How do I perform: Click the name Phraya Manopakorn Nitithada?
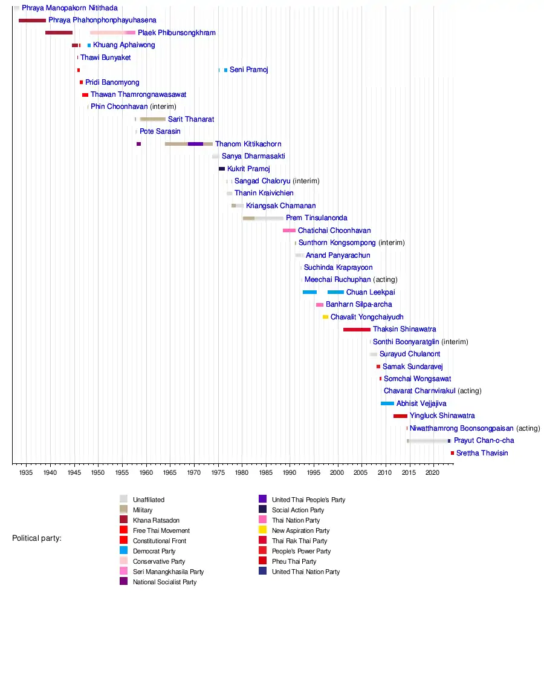pos(70,8)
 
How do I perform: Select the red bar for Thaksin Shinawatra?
pos(357,330)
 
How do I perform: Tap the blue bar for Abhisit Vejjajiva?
pos(387,403)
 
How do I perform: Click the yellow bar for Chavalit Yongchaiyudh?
pos(325,317)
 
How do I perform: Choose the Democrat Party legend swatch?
pos(123,551)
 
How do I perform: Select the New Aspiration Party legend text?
pos(300,530)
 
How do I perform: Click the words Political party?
pos(37,538)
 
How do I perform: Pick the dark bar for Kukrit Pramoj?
pos(222,169)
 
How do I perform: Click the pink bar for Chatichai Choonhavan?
pos(289,230)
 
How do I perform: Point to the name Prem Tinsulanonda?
pos(316,218)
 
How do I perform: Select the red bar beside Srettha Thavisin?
pos(452,453)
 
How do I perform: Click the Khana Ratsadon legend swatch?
pos(123,520)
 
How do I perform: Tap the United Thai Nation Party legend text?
pos(306,572)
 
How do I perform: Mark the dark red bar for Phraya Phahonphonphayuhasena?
pos(32,21)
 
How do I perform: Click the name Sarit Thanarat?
pos(190,119)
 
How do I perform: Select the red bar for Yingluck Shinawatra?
pos(400,416)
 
